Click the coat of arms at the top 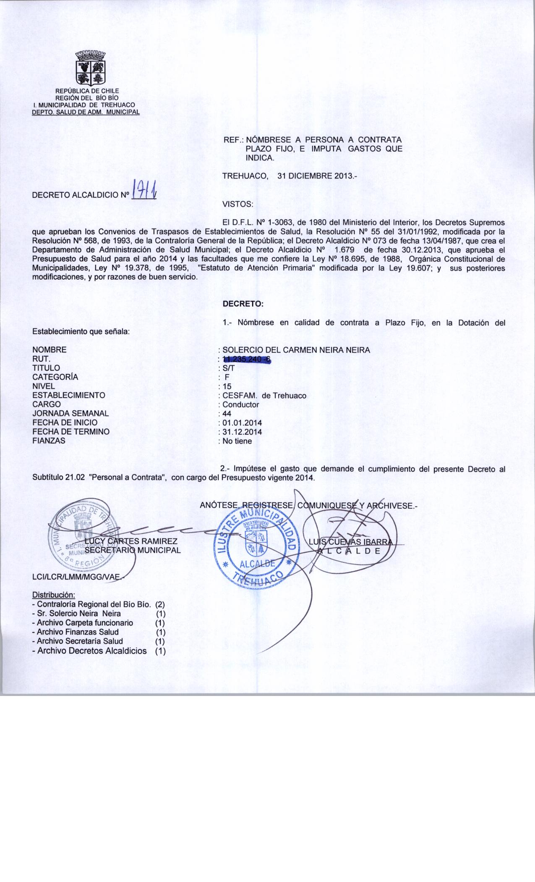tap(90, 68)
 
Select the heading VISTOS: tap(237, 205)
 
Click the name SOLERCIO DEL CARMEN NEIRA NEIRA tap(296, 350)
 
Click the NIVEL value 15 tap(227, 386)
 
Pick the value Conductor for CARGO tap(241, 404)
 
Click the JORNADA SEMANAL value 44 tap(227, 414)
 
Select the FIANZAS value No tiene tap(237, 441)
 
